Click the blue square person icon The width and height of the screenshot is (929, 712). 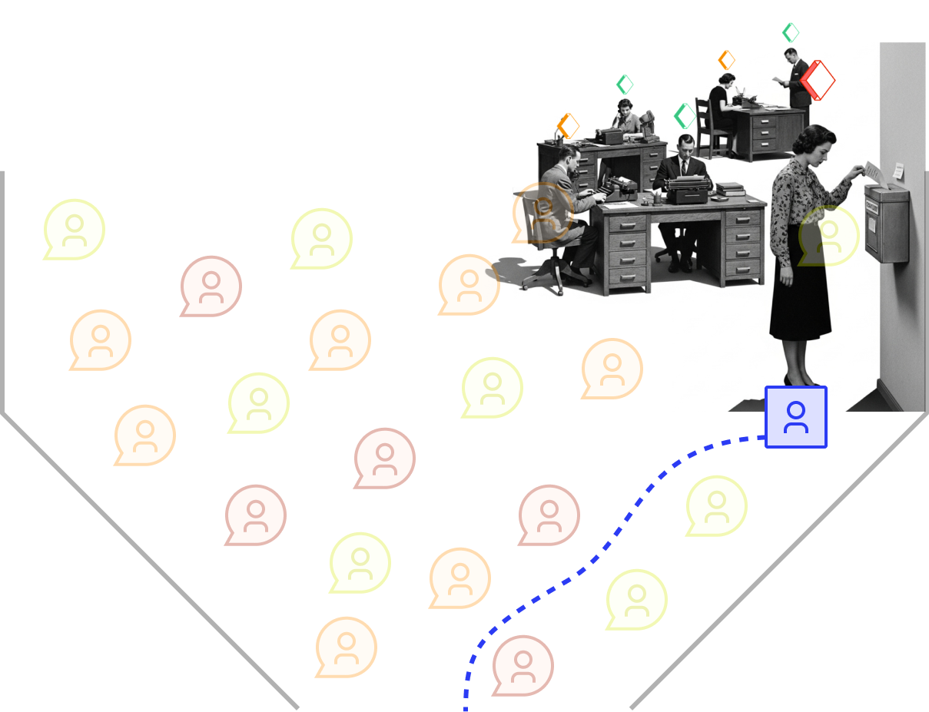(796, 417)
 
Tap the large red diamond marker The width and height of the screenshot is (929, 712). (818, 79)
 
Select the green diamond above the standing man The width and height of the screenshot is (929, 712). (791, 33)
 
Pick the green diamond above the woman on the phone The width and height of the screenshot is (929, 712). (625, 84)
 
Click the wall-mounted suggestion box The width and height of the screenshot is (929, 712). (887, 222)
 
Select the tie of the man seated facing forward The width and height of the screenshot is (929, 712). (684, 167)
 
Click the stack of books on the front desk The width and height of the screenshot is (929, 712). (729, 189)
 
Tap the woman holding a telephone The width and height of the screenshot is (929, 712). (627, 117)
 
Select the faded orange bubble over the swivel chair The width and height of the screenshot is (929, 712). (542, 213)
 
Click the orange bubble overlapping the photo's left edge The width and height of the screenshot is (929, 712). (469, 284)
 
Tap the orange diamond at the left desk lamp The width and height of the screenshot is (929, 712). (568, 125)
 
